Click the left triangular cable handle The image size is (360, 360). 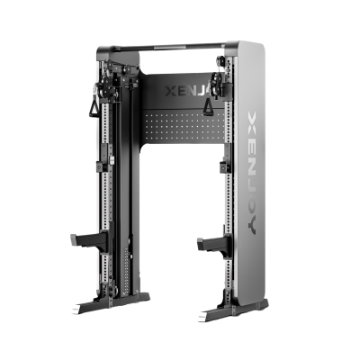click(x=94, y=107)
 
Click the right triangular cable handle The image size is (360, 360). click(x=207, y=107)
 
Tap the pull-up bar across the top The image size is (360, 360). click(x=169, y=47)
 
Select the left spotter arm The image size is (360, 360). click(x=89, y=240)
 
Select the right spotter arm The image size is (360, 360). click(x=213, y=244)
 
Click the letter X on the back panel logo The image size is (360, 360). click(x=171, y=91)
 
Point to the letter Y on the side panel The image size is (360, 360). click(x=252, y=223)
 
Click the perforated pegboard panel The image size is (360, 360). click(x=184, y=125)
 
